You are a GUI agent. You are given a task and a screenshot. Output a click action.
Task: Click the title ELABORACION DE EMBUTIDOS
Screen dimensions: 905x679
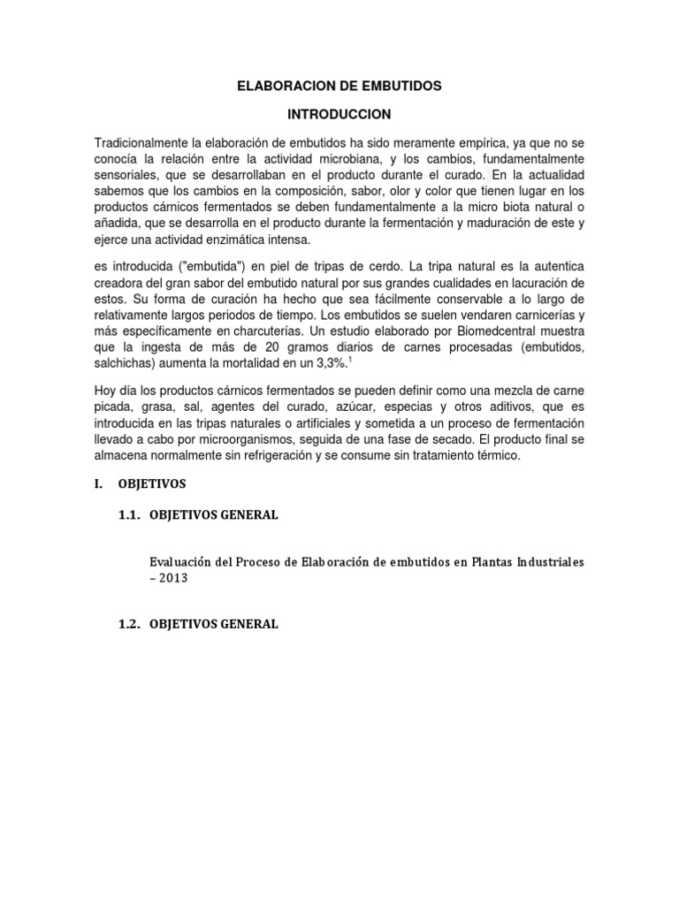[x=339, y=87]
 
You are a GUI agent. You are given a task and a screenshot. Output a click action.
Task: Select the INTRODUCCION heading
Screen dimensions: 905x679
[x=339, y=115]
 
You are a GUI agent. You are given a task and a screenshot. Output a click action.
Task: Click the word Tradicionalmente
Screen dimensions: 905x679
[x=140, y=144]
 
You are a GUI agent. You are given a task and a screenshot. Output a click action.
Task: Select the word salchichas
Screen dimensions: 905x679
[x=125, y=363]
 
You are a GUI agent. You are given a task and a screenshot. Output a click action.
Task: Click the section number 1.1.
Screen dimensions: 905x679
[x=134, y=516]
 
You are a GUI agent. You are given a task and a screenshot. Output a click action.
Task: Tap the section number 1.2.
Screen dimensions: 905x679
[x=134, y=624]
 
